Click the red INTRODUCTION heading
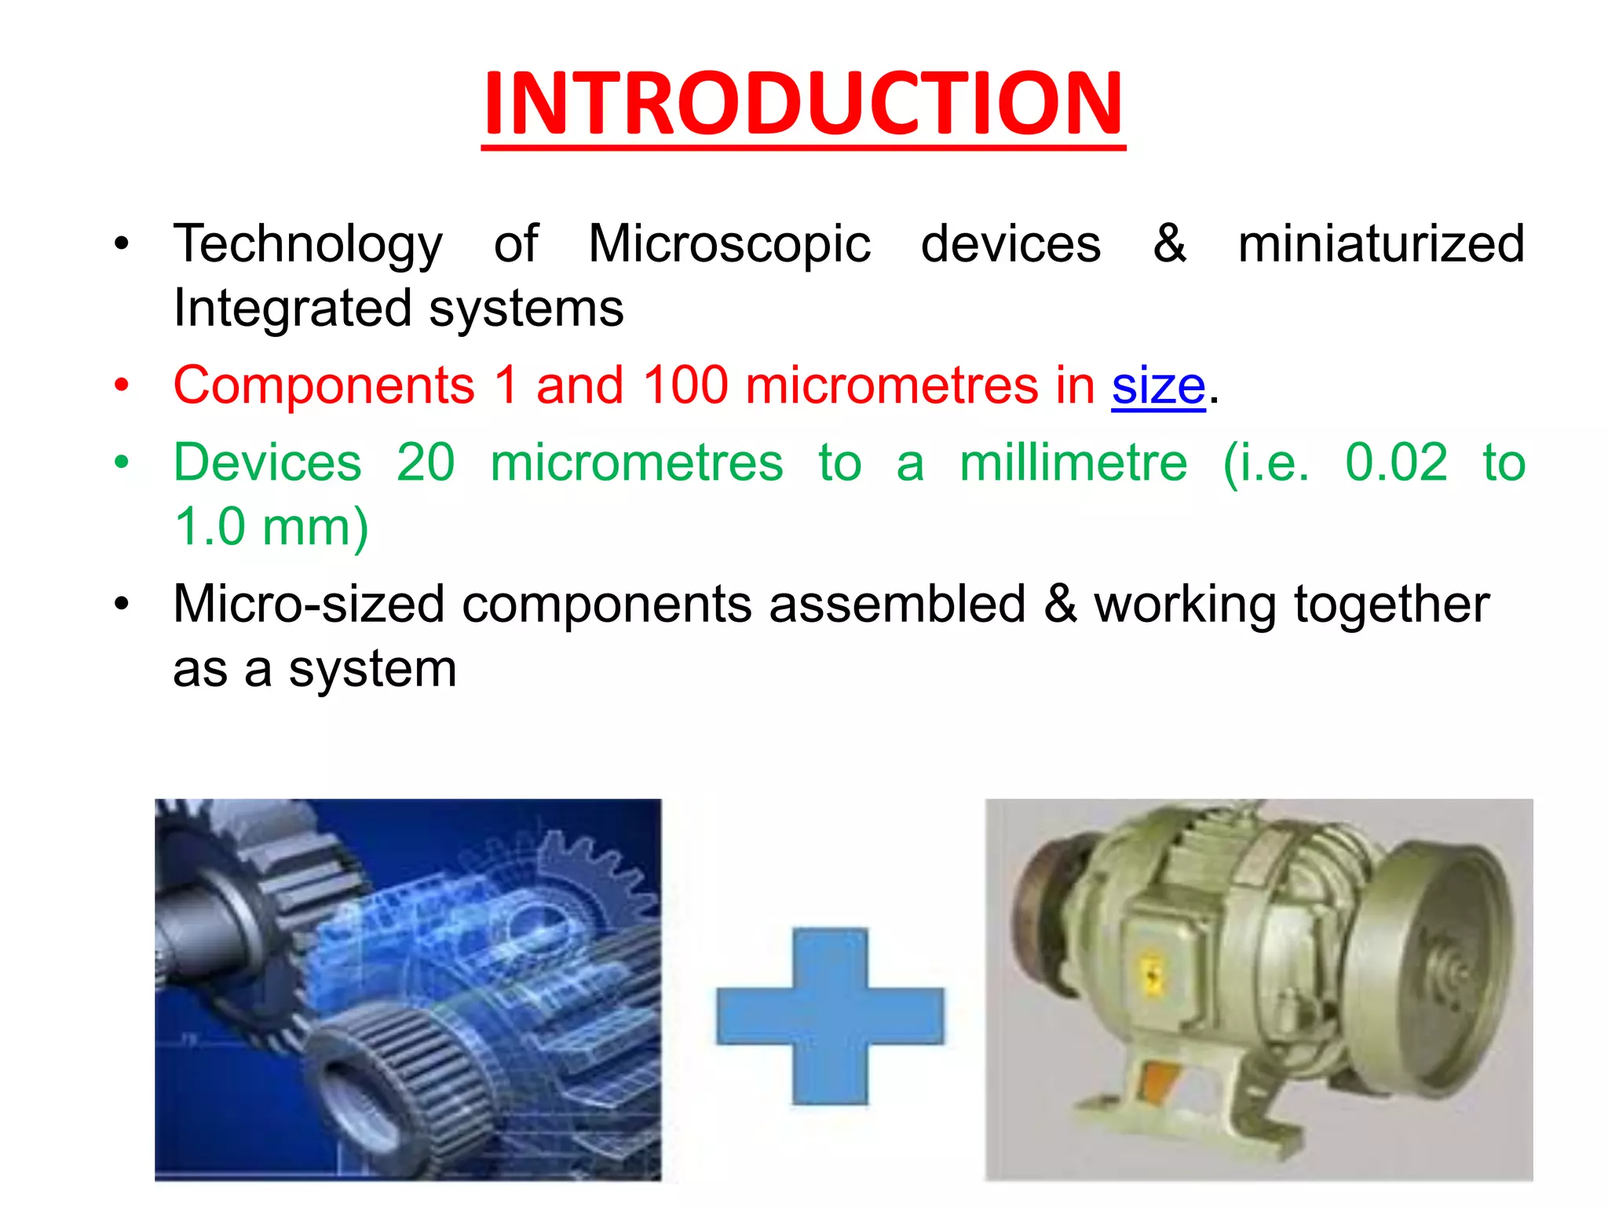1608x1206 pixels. coord(803,104)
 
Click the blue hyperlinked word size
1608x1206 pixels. coord(1158,386)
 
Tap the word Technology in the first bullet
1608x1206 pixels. coord(308,244)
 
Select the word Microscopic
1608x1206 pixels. coord(729,244)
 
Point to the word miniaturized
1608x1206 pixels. coord(1381,244)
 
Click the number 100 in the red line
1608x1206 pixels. coord(685,386)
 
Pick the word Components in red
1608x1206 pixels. coord(324,386)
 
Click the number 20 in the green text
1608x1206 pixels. coord(425,462)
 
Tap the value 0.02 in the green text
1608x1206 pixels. coord(1396,462)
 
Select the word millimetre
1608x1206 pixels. coord(1073,462)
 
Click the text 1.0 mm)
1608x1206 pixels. coord(272,527)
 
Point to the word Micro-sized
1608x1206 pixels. coord(309,605)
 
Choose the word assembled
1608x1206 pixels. coord(897,605)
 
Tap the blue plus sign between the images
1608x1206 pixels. coord(830,1016)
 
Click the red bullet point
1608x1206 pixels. coord(121,386)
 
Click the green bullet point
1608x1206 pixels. coord(121,462)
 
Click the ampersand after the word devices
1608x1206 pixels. coord(1169,244)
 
